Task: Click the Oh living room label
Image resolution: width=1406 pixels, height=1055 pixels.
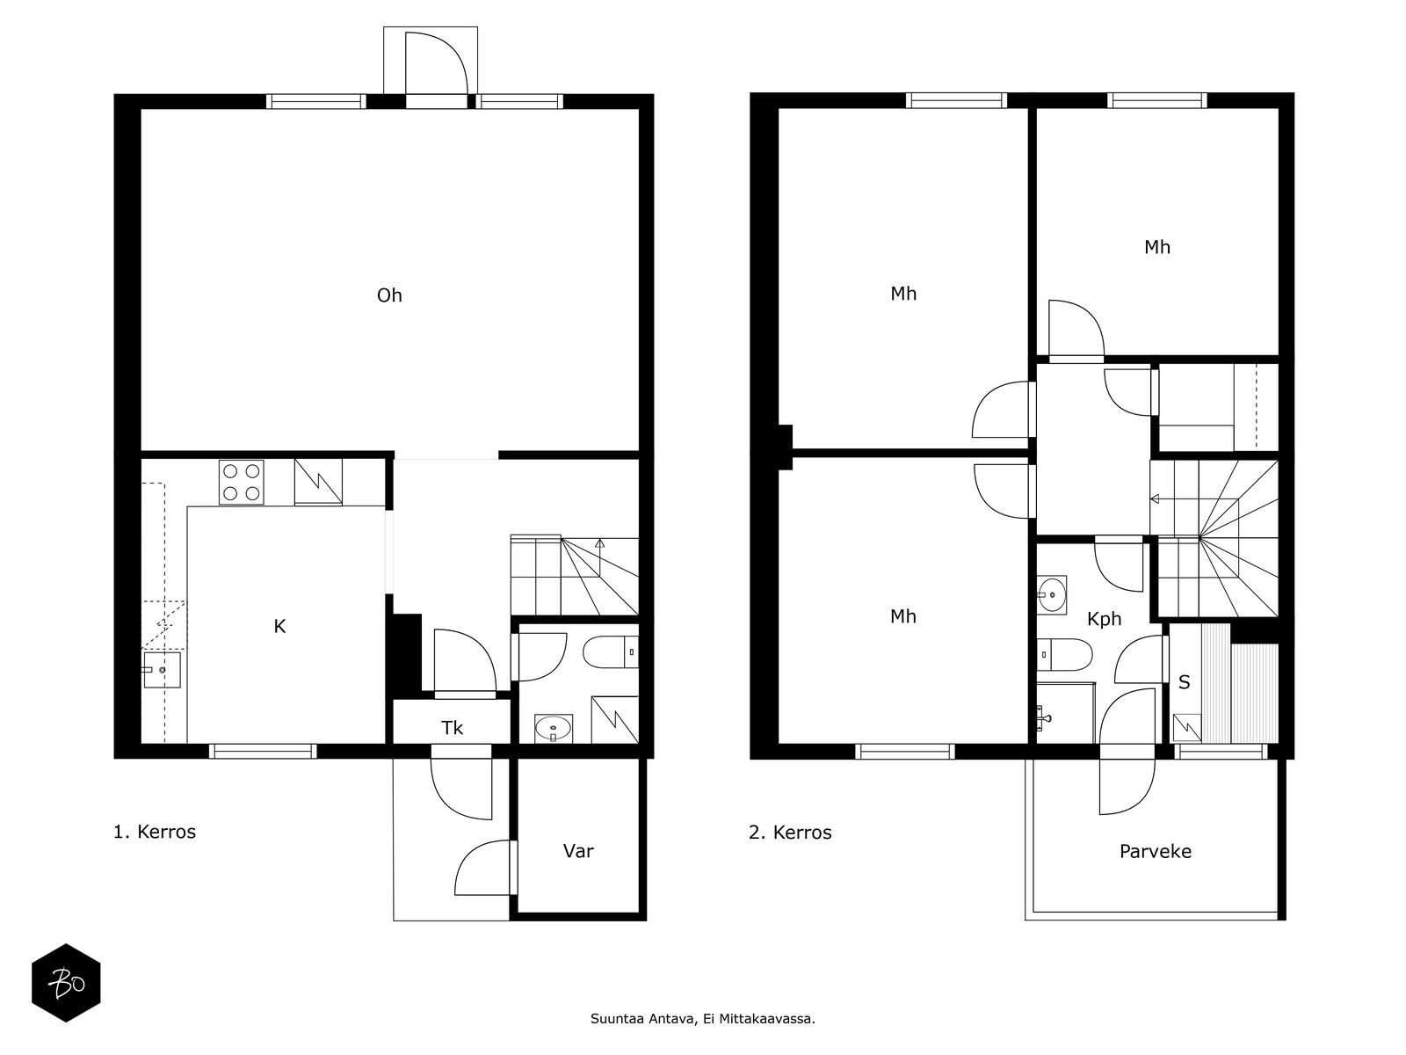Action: point(388,295)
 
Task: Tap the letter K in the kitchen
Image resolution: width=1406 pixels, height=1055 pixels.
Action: point(279,627)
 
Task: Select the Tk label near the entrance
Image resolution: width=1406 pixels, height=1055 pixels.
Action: point(452,728)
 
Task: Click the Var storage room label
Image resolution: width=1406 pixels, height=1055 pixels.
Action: point(577,851)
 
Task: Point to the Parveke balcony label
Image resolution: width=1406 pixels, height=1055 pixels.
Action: point(1155,851)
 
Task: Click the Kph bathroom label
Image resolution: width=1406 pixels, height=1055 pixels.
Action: point(1105,619)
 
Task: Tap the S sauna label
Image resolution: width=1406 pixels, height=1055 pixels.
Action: point(1184,682)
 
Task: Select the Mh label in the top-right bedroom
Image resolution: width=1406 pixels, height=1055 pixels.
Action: point(1156,247)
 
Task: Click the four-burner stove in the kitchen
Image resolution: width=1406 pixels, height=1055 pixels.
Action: point(242,483)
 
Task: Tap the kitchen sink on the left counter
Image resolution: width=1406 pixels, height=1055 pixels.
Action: point(162,670)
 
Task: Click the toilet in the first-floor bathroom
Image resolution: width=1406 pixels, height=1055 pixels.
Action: point(611,652)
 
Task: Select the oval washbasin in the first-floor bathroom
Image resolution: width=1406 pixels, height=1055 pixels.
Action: point(554,728)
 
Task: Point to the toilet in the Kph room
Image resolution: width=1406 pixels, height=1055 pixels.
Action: point(1064,655)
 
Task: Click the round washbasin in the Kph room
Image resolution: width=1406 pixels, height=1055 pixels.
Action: point(1052,595)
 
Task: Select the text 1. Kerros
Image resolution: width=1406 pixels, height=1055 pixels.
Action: point(155,832)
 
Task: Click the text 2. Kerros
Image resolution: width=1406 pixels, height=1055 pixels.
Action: point(790,833)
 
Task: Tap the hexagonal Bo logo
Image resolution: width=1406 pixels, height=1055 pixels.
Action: point(66,983)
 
